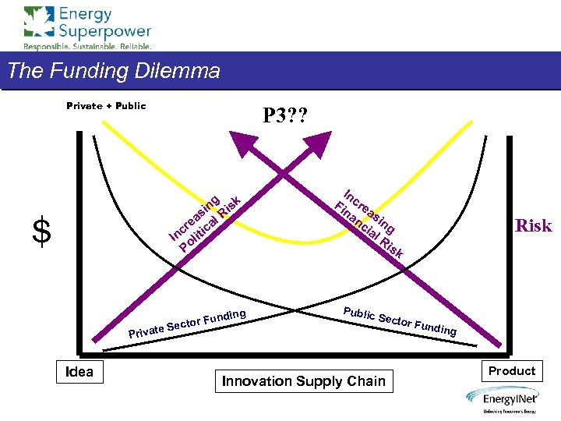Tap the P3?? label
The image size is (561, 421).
[x=284, y=116]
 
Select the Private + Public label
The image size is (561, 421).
[x=106, y=106]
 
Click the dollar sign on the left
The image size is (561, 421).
[x=41, y=232]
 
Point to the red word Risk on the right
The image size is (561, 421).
[x=533, y=226]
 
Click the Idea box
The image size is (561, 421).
[x=79, y=372]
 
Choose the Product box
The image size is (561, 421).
[x=512, y=371]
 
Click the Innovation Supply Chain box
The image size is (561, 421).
[x=304, y=381]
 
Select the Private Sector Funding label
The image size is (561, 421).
[x=188, y=324]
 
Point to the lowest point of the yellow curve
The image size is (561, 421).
[x=302, y=240]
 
